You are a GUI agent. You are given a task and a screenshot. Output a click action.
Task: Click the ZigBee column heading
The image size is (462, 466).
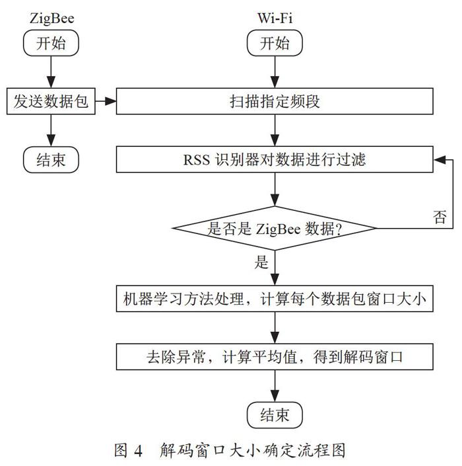(x=51, y=19)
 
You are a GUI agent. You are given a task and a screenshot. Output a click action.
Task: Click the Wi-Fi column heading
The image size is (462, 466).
(x=275, y=18)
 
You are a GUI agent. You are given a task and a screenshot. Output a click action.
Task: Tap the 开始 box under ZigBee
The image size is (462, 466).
(x=51, y=43)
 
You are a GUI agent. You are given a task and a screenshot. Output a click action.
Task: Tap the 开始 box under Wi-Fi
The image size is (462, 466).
(x=275, y=43)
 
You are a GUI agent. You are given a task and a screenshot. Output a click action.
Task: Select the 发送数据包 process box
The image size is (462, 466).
(x=51, y=101)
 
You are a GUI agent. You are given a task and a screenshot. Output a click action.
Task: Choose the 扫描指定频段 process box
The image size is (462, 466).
(x=275, y=101)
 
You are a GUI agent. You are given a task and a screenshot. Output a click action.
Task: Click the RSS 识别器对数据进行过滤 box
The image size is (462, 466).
(x=275, y=159)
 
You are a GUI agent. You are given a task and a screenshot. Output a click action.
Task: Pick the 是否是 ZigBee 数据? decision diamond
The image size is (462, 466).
(x=275, y=228)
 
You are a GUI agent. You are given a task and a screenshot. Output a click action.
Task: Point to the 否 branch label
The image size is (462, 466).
(x=440, y=217)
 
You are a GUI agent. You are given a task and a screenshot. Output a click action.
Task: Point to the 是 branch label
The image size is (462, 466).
(x=261, y=262)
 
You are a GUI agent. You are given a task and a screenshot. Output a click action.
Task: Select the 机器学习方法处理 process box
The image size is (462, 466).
(x=275, y=298)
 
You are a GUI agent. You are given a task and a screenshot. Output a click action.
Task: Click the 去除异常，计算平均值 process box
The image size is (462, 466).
(x=275, y=357)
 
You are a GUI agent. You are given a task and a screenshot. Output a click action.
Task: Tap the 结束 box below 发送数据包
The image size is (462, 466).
(x=51, y=159)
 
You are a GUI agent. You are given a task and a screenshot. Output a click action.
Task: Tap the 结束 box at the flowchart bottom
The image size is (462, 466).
(x=275, y=415)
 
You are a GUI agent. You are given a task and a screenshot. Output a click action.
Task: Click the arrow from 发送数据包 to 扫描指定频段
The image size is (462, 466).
(x=106, y=101)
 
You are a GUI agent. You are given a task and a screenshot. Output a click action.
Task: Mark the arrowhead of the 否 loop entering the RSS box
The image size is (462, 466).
(x=439, y=160)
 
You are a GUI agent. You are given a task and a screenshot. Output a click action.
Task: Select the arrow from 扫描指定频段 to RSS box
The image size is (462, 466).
(x=275, y=130)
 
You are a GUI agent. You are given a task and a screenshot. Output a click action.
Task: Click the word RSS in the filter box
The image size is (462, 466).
(x=197, y=159)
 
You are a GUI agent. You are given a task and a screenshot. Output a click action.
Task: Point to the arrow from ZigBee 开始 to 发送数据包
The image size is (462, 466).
(x=51, y=72)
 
